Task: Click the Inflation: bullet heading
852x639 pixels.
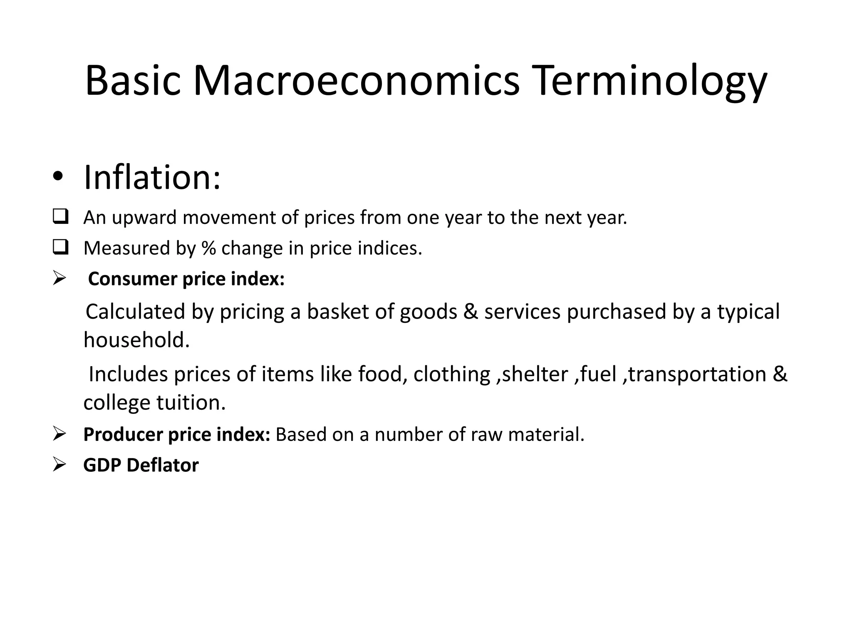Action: pos(152,178)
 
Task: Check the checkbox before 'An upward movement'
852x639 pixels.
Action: pos(60,217)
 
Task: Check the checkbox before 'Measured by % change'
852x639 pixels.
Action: pos(60,248)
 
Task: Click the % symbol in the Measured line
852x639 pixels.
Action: pos(208,248)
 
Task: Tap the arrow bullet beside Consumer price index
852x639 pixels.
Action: pos(59,278)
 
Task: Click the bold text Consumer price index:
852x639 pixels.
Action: pos(186,279)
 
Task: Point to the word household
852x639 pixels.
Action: pos(136,340)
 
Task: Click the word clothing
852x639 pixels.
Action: pos(452,374)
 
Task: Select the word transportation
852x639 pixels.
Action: pos(697,374)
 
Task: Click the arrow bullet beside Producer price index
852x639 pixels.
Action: pos(59,434)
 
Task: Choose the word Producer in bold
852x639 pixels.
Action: pos(123,434)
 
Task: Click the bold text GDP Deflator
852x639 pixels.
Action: pos(141,465)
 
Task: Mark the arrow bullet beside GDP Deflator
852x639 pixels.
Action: pos(59,465)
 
